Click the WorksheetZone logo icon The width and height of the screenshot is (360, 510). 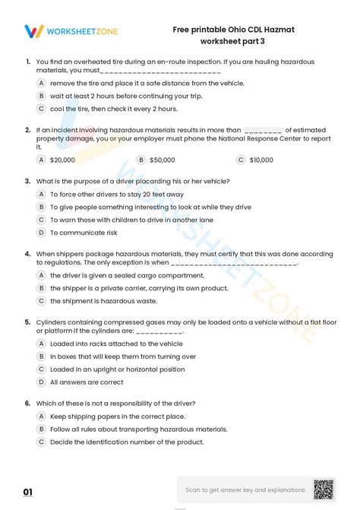tap(33, 31)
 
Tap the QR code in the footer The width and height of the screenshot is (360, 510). tap(325, 490)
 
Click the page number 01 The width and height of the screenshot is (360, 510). tap(28, 493)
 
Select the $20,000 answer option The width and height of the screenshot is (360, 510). tap(62, 160)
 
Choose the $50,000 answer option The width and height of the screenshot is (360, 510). tap(162, 160)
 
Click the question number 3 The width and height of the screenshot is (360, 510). tap(27, 181)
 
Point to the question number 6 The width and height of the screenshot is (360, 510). tap(27, 403)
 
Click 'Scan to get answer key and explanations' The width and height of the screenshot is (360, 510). tap(245, 490)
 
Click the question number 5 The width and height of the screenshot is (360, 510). tap(27, 322)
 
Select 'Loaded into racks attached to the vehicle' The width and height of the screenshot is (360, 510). tap(115, 344)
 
